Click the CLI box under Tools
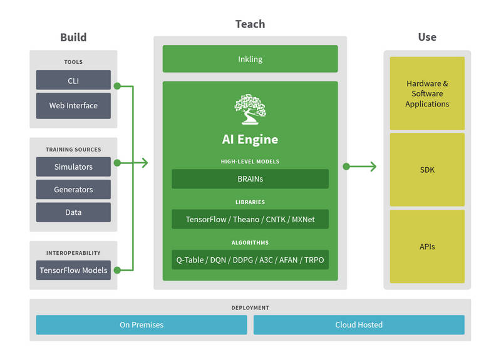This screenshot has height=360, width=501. [x=73, y=80]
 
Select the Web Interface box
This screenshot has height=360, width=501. [x=73, y=106]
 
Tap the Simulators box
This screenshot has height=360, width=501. [x=73, y=167]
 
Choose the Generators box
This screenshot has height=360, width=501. [x=73, y=190]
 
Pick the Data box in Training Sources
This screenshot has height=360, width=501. [x=73, y=212]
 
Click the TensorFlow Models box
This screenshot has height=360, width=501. [x=73, y=270]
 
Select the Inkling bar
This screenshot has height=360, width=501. [x=250, y=59]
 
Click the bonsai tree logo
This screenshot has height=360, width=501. [x=250, y=109]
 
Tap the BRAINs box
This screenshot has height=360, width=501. [x=250, y=179]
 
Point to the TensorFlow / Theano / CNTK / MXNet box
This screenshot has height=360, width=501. [x=250, y=219]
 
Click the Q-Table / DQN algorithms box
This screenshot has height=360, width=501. [x=250, y=260]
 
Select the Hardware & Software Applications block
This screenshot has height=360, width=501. [x=427, y=93]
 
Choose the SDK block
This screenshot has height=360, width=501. [x=427, y=170]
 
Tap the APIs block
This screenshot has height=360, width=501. [x=427, y=246]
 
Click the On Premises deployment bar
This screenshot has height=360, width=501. [x=142, y=325]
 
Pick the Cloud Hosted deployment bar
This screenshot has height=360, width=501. [x=359, y=325]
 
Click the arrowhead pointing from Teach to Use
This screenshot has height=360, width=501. [x=373, y=167]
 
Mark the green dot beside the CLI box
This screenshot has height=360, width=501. [x=117, y=86]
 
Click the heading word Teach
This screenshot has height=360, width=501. [x=250, y=24]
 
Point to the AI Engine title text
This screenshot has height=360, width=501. [x=250, y=140]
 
